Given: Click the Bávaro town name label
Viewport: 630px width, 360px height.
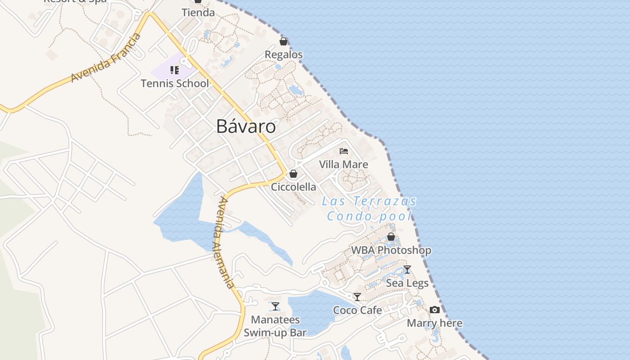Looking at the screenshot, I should pyautogui.click(x=246, y=126).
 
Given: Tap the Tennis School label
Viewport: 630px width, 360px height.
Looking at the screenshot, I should pyautogui.click(x=175, y=83).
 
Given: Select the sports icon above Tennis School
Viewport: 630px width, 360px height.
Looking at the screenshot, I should pyautogui.click(x=175, y=70).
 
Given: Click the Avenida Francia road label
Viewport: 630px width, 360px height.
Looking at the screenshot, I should pyautogui.click(x=106, y=58).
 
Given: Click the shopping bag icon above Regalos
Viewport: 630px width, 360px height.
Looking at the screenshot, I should pyautogui.click(x=283, y=42).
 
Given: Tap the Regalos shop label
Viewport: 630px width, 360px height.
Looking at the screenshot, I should pyautogui.click(x=283, y=55).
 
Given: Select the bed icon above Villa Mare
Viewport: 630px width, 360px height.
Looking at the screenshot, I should pyautogui.click(x=344, y=151).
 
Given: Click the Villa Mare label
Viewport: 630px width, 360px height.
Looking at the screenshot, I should pyautogui.click(x=343, y=164).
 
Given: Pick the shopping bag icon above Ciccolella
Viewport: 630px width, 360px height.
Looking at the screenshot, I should pyautogui.click(x=293, y=174).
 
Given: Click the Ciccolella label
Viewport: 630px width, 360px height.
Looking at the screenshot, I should pyautogui.click(x=293, y=187).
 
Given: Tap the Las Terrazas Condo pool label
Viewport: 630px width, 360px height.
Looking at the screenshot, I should pyautogui.click(x=369, y=208).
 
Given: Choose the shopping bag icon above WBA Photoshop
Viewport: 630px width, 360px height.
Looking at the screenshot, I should pyautogui.click(x=391, y=237).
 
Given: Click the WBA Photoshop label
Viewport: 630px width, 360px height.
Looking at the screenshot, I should pyautogui.click(x=391, y=250).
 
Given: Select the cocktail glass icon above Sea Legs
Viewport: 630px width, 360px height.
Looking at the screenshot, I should pyautogui.click(x=407, y=270).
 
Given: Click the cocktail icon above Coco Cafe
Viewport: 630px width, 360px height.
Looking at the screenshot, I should pyautogui.click(x=357, y=297).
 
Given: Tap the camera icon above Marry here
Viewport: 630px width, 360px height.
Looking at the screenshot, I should pyautogui.click(x=434, y=310).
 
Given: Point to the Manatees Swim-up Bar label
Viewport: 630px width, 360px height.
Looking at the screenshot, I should pyautogui.click(x=275, y=326).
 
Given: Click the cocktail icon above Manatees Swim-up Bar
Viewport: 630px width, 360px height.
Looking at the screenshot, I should pyautogui.click(x=275, y=306).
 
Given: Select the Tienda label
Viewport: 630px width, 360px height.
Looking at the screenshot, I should pyautogui.click(x=198, y=13).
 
